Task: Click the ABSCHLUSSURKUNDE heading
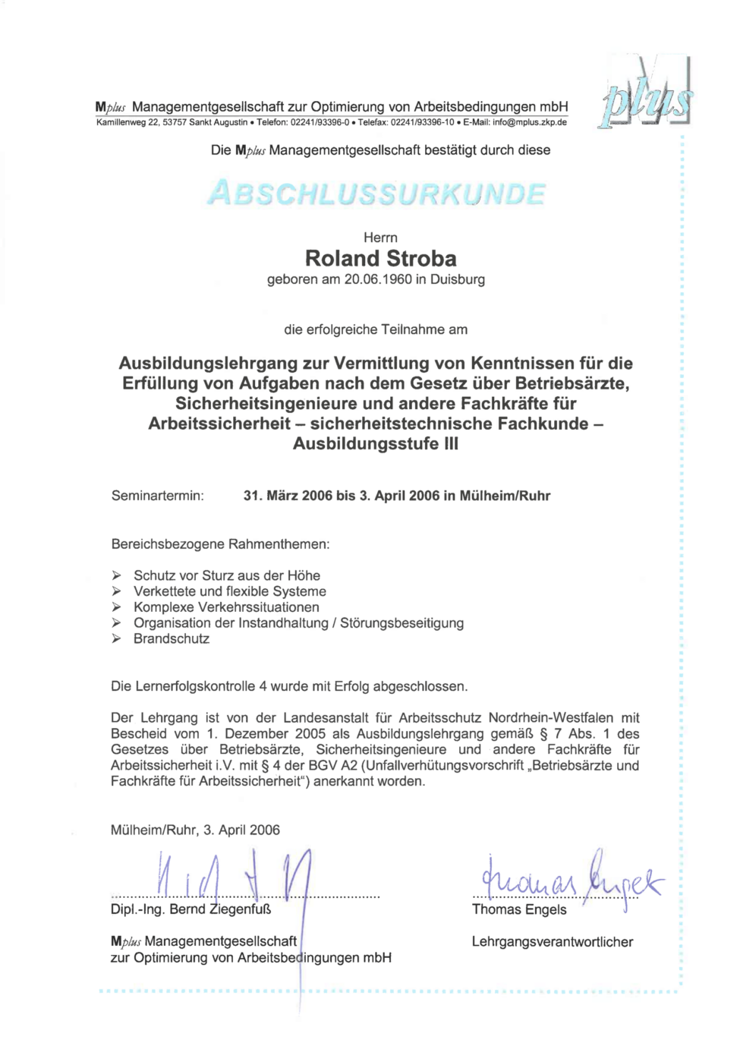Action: [376, 194]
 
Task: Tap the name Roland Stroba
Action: [380, 259]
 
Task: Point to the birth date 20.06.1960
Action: [378, 279]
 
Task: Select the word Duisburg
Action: [458, 279]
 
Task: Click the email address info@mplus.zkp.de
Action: [529, 122]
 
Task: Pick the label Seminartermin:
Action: [157, 496]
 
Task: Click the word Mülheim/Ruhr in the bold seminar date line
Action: [505, 496]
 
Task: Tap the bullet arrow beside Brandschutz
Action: [116, 638]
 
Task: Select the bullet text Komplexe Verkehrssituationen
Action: [226, 607]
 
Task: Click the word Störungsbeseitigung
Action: [401, 623]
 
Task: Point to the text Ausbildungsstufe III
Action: [376, 443]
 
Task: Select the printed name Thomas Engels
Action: [519, 909]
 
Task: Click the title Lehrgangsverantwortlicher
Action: [552, 942]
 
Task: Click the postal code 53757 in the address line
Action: [175, 122]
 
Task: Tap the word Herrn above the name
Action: [380, 238]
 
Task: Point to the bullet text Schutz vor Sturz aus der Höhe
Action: [227, 575]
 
